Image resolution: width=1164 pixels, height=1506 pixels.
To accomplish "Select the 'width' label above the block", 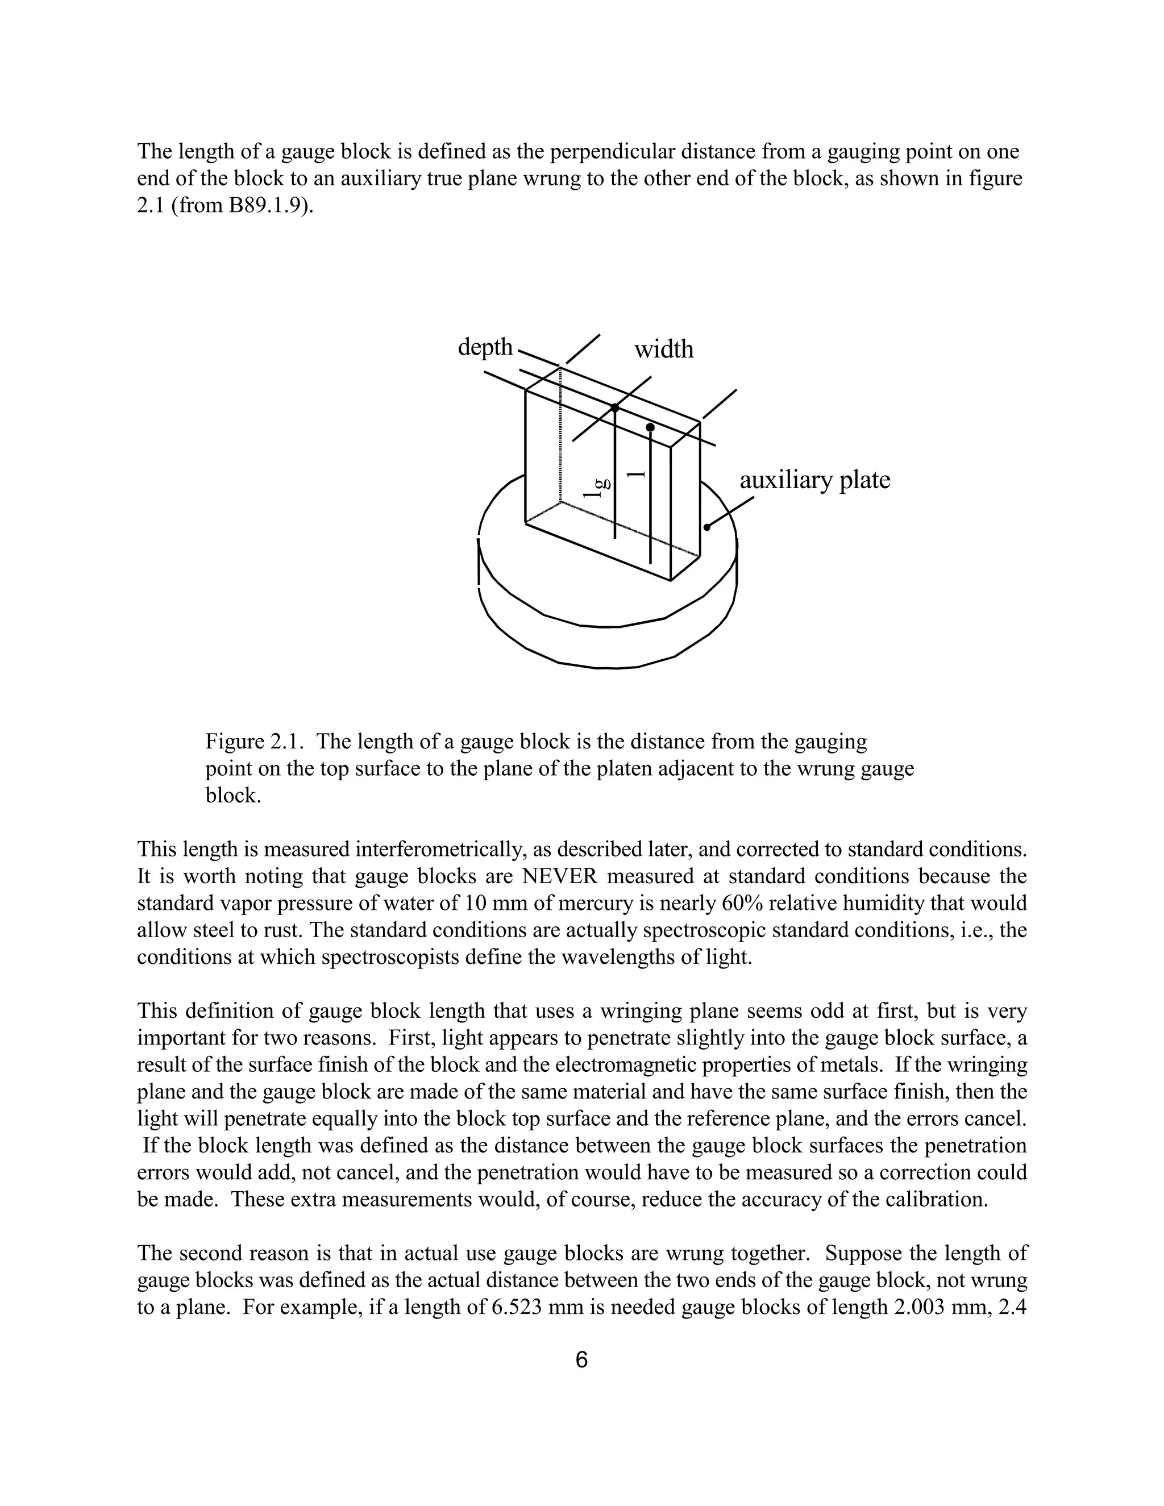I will (663, 350).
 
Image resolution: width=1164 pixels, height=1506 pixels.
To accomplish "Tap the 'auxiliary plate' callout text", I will (814, 480).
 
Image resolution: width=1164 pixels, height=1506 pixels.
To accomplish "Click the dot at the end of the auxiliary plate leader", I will (706, 527).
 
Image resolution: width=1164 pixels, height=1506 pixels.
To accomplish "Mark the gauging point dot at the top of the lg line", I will (615, 408).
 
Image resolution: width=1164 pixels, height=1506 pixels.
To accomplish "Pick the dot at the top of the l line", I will (650, 427).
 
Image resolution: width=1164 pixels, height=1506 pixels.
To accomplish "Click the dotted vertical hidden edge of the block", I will (560, 434).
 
